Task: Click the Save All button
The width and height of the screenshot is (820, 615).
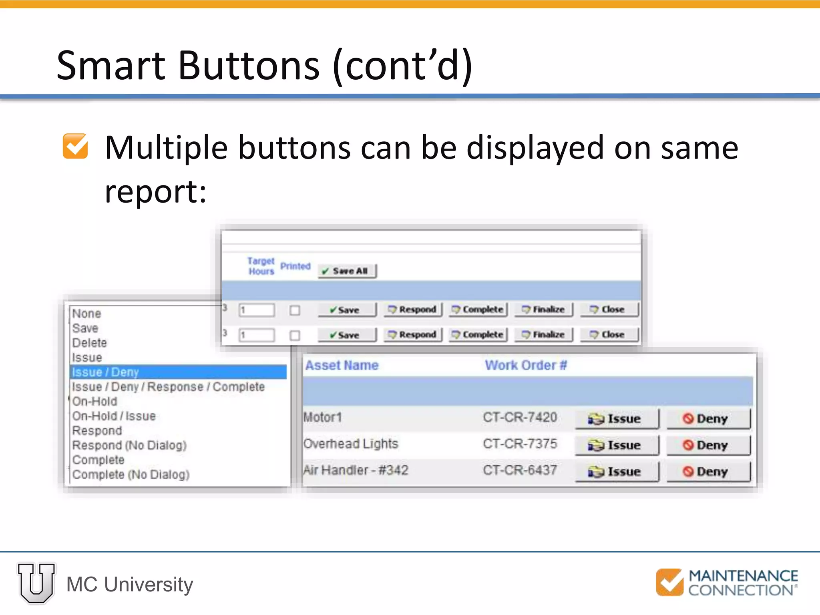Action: coord(347,271)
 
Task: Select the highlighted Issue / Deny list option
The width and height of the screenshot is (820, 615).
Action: coord(178,372)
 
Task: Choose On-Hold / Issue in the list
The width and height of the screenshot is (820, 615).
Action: coord(114,416)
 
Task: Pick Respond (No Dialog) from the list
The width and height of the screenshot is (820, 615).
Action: coord(129,445)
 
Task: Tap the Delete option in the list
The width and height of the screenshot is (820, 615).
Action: coord(90,343)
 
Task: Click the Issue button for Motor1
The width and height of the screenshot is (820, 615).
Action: coord(617,419)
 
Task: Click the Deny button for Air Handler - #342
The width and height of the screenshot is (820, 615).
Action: coord(708,472)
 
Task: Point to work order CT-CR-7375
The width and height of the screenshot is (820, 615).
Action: coord(520,444)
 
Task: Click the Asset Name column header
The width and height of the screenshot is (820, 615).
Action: coord(342,365)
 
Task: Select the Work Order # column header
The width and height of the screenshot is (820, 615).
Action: coord(526,365)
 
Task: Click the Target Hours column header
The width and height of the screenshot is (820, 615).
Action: coord(261,266)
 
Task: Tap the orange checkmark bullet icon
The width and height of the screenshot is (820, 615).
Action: coord(75,146)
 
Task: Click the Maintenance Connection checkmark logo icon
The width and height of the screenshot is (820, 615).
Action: coord(669,582)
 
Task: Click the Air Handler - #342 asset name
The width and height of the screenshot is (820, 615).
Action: coord(356,470)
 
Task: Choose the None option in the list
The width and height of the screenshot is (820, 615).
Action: coord(87,314)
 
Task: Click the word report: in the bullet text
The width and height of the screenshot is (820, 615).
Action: coord(155,192)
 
